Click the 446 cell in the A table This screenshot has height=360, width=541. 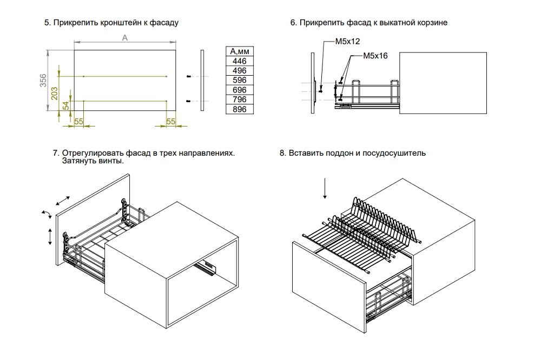coord(239,61)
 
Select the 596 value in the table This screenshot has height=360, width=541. coord(239,81)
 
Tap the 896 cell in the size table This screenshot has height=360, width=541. coord(239,109)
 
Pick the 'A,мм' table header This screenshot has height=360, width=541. coord(239,51)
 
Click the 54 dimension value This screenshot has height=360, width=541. coord(65,105)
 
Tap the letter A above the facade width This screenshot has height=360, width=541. coord(124,37)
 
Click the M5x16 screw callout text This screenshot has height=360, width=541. coord(376,55)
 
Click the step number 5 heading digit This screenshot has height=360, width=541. coord(47,23)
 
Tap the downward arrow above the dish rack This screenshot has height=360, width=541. coord(325,189)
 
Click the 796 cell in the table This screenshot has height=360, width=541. coord(239,99)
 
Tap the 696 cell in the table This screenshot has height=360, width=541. coord(239,90)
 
